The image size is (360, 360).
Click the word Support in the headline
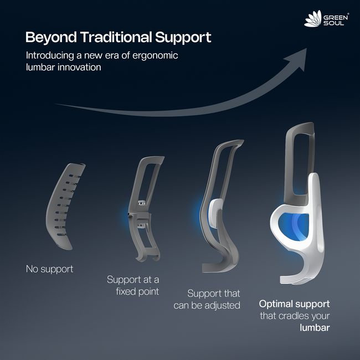[184, 38]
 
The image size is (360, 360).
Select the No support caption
[49, 269]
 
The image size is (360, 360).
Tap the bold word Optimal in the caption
[278, 304]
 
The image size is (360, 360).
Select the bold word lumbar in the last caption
[315, 328]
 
